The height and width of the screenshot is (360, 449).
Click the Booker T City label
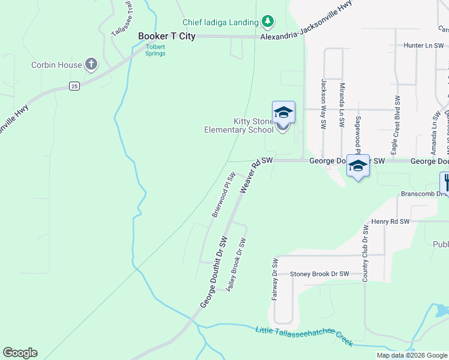(x=167, y=36)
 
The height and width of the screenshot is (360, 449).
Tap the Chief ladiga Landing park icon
(x=268, y=22)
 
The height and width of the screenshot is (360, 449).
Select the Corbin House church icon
(x=91, y=64)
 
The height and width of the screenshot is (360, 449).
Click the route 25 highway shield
(x=74, y=86)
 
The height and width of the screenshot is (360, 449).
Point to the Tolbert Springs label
(x=155, y=50)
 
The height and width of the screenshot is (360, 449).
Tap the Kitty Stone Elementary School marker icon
(x=283, y=113)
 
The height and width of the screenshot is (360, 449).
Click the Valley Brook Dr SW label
(x=236, y=265)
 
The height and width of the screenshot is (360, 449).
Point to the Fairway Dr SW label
(x=275, y=280)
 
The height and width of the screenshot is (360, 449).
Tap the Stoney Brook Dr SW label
(x=319, y=274)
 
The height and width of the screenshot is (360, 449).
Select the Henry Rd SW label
(x=390, y=222)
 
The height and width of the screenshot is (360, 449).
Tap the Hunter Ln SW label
(x=423, y=45)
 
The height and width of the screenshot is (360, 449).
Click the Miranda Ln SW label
(x=342, y=106)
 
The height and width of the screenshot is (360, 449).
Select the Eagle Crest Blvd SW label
(x=396, y=118)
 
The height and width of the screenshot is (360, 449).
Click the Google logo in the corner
(x=20, y=353)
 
